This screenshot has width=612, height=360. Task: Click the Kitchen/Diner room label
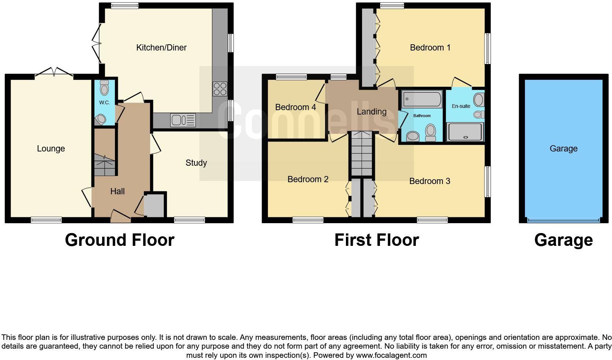(x=161, y=48)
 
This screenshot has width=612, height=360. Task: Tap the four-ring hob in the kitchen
(x=220, y=89)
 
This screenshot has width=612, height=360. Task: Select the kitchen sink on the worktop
(x=183, y=120)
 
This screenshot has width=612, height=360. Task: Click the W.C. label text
(x=104, y=102)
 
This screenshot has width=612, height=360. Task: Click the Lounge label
(x=51, y=149)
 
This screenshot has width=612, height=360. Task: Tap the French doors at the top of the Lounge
(x=54, y=72)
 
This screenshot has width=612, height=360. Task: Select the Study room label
(x=196, y=163)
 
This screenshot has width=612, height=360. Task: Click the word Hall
(x=117, y=191)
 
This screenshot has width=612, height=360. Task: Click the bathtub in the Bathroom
(x=422, y=99)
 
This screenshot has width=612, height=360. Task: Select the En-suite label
(x=461, y=106)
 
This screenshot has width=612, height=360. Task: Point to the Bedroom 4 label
(x=295, y=107)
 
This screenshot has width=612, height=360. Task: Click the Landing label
(x=372, y=112)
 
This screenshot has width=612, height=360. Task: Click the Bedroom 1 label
(x=430, y=48)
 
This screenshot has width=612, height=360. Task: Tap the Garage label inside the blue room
(x=563, y=149)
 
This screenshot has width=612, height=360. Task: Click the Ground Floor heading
(x=119, y=240)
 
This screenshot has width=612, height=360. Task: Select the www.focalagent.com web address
(x=391, y=355)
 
